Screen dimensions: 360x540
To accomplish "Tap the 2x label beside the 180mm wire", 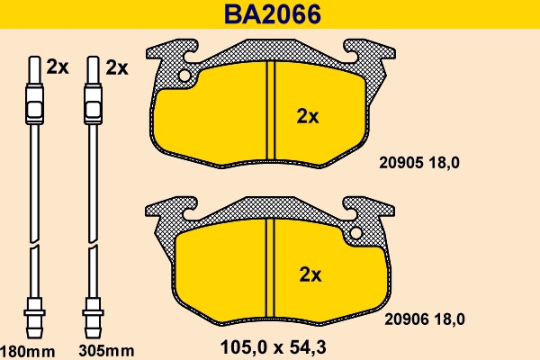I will (x=58, y=67).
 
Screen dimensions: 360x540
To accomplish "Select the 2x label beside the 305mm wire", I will (x=117, y=67).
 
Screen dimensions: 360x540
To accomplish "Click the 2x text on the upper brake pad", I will (x=309, y=115).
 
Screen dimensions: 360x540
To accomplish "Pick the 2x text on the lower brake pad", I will (x=309, y=273).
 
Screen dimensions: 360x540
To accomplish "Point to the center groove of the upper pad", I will (x=270, y=112).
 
